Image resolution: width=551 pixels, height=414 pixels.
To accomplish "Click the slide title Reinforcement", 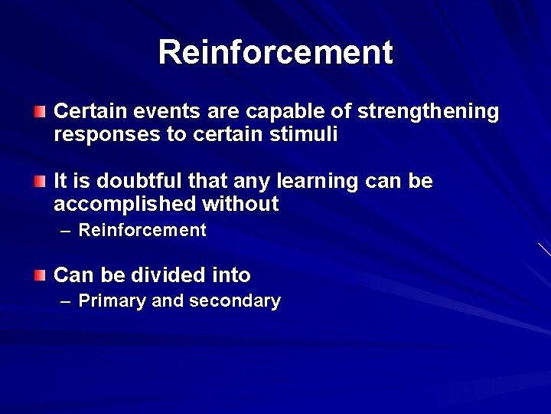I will (275, 52).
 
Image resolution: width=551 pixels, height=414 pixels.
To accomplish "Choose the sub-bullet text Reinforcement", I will (142, 230).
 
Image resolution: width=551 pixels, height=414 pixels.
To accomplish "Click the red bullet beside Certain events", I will (40, 113).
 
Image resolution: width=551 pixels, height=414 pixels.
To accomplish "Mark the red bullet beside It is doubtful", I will (40, 182).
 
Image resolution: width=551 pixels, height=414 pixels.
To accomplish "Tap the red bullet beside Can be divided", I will (40, 274).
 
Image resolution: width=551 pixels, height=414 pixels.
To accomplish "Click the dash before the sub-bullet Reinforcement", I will (65, 231).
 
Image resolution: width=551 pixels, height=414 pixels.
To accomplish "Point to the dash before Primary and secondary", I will (65, 301).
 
